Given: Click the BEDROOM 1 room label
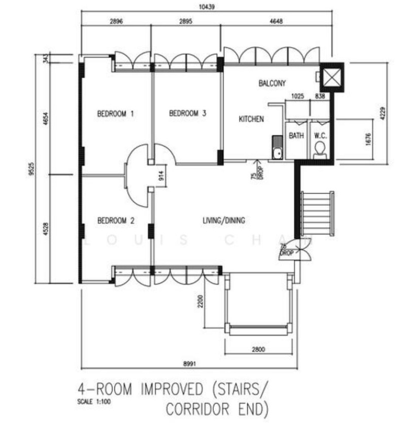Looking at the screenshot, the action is (116, 113).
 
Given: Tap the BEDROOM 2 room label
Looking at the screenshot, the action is (116, 220).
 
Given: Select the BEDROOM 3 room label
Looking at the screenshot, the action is (188, 113).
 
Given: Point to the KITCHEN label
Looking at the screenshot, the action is (251, 119).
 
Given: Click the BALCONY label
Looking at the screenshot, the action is (272, 83).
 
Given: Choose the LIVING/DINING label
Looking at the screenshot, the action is (224, 220).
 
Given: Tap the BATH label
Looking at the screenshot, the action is (296, 135).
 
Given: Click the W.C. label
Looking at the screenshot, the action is (320, 135).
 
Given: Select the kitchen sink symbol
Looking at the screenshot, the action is (278, 147).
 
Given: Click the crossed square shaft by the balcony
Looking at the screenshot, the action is (332, 77).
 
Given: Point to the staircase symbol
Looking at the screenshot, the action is (317, 214).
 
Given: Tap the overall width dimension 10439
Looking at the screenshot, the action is (207, 7).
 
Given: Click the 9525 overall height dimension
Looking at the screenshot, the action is (31, 168).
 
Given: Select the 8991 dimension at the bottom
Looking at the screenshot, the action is (189, 363).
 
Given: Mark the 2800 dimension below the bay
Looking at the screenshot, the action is (258, 349).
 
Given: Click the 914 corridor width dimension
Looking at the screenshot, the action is (161, 176).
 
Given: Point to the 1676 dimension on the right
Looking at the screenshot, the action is (368, 139).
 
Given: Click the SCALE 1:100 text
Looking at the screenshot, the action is (94, 402).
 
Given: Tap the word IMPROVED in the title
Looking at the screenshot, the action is (172, 388).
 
